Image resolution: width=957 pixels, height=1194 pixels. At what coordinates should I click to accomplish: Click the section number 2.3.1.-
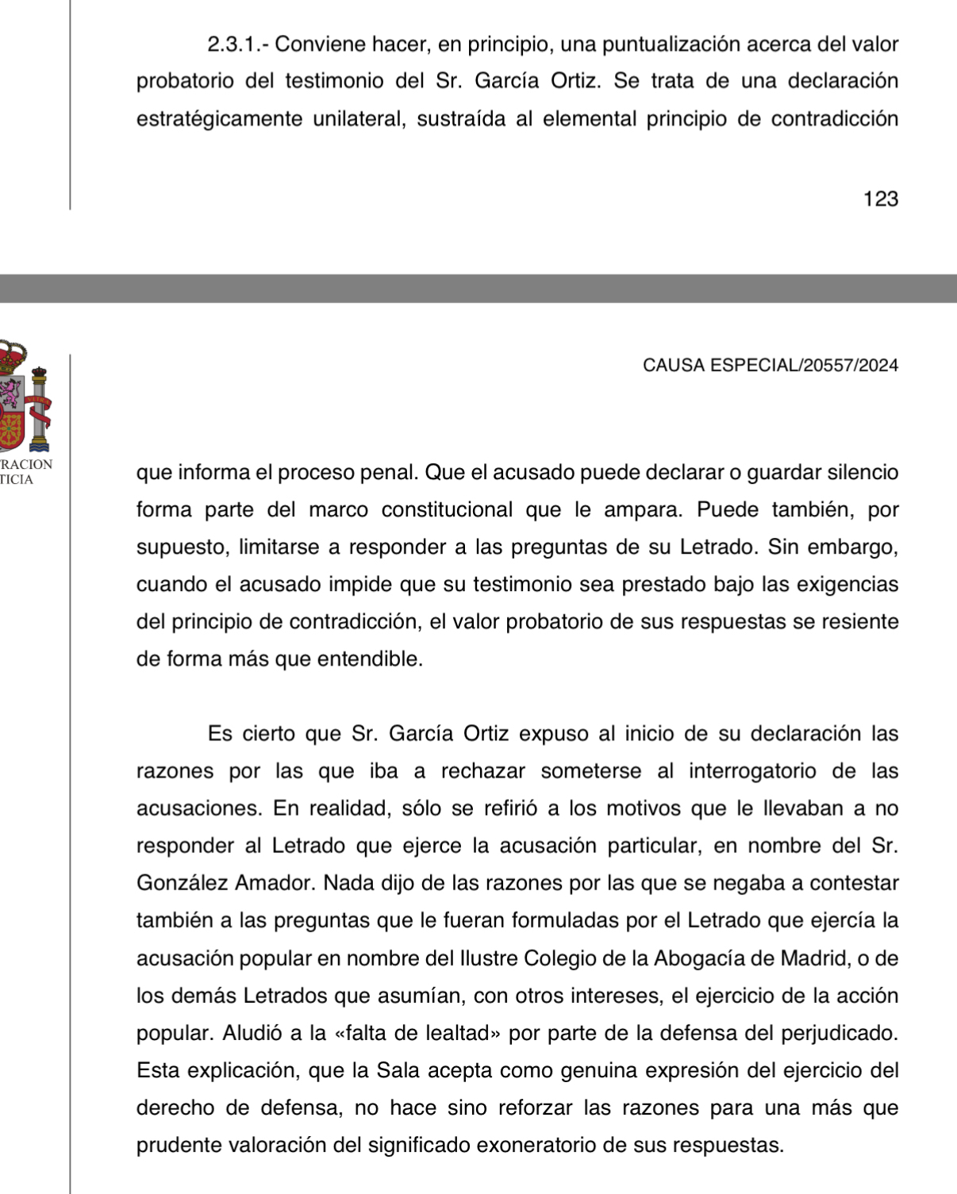click(237, 44)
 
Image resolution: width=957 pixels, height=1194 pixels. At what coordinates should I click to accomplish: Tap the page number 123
click(881, 199)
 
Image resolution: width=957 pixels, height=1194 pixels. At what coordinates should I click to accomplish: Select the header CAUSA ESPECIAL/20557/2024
click(771, 365)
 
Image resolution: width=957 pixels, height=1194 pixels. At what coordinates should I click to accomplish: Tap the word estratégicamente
click(219, 119)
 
